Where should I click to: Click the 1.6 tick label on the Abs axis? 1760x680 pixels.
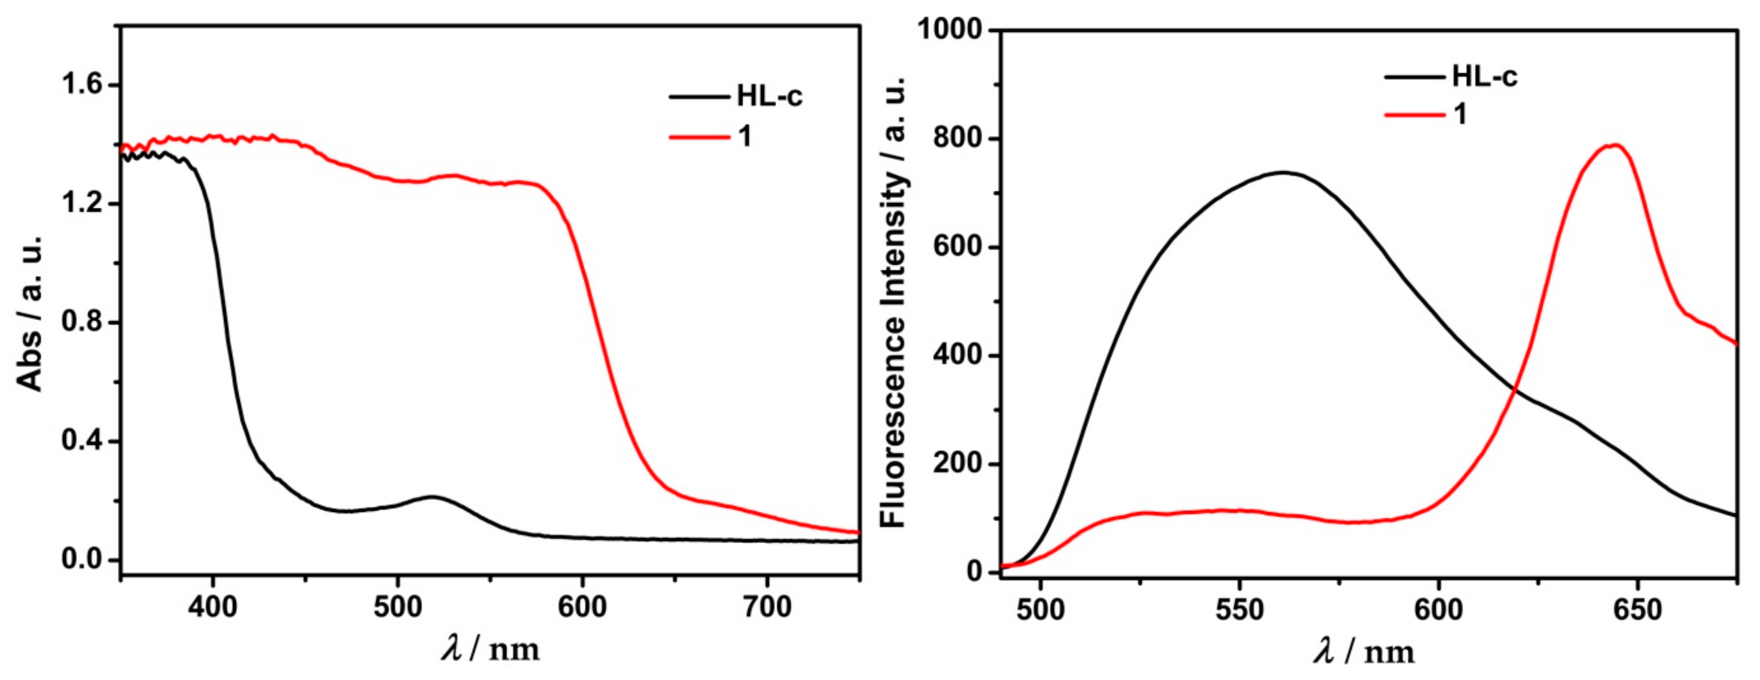(81, 85)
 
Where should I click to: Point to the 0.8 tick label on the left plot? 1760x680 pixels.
(81, 321)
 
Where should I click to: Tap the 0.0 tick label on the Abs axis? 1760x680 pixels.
(81, 559)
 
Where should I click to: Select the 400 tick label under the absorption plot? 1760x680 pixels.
(213, 606)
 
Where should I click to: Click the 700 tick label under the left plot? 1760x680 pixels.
(767, 606)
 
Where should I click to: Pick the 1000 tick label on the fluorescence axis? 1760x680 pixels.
(949, 30)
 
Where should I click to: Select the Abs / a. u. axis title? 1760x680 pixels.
(29, 314)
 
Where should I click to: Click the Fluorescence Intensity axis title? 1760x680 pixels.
(893, 300)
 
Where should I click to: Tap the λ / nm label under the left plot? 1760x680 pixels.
(490, 649)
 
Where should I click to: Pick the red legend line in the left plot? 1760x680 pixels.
(699, 137)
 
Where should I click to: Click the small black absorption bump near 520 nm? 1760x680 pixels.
(433, 496)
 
